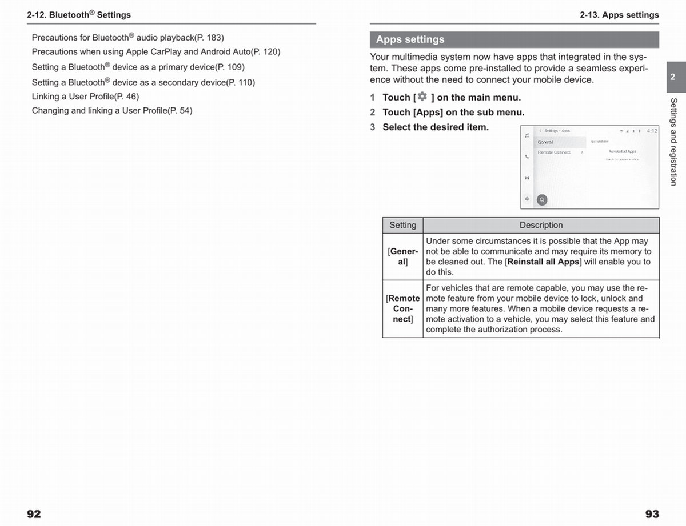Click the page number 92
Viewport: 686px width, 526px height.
tap(34, 514)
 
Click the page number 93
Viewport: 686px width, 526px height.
tap(652, 514)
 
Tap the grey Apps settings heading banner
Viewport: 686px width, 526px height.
tap(514, 39)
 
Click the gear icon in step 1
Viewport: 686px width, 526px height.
tap(422, 97)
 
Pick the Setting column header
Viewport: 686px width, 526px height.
tap(402, 225)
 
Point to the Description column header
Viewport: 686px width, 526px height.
tap(541, 225)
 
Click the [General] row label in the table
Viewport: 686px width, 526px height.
tap(402, 256)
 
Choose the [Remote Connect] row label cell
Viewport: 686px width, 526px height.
tap(402, 308)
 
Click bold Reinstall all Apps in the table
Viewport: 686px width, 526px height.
tap(544, 262)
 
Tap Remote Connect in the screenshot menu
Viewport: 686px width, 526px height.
tap(554, 152)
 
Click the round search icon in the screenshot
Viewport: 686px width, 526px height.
tap(541, 200)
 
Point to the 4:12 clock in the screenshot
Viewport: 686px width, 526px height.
tap(652, 131)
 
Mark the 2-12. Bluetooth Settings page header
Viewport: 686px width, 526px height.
tap(79, 15)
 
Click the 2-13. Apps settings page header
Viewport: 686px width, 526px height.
tap(619, 15)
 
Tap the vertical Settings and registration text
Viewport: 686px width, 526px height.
tap(673, 142)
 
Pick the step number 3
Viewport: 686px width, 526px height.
tap(372, 127)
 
